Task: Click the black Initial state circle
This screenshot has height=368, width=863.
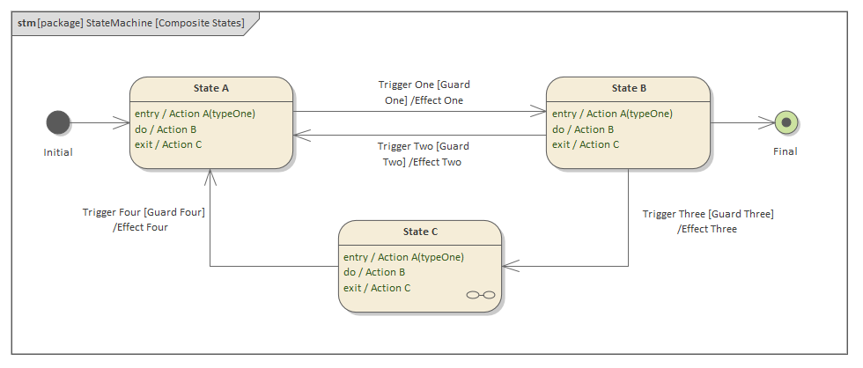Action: pyautogui.click(x=58, y=122)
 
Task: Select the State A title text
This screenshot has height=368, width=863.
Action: pyautogui.click(x=211, y=88)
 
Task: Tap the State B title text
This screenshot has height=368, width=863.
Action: pyautogui.click(x=629, y=88)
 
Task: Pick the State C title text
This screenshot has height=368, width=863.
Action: pyautogui.click(x=420, y=232)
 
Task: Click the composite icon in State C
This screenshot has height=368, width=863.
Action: pyautogui.click(x=480, y=295)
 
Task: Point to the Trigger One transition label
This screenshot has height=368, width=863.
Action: pyautogui.click(x=424, y=92)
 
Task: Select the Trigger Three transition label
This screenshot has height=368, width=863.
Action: pyautogui.click(x=707, y=221)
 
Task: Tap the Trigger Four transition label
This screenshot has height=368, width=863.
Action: pyautogui.click(x=144, y=219)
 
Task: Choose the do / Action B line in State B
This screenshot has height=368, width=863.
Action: pyautogui.click(x=583, y=129)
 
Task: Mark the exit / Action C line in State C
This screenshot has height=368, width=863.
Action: pyautogui.click(x=376, y=288)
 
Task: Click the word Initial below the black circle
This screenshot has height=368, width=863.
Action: pyautogui.click(x=58, y=152)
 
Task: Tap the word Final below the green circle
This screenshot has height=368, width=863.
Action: pyautogui.click(x=785, y=151)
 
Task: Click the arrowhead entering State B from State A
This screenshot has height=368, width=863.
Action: pyautogui.click(x=539, y=112)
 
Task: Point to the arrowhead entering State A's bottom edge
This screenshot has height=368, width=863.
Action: pyautogui.click(x=210, y=175)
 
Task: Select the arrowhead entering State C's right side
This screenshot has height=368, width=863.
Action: pyautogui.click(x=510, y=265)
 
